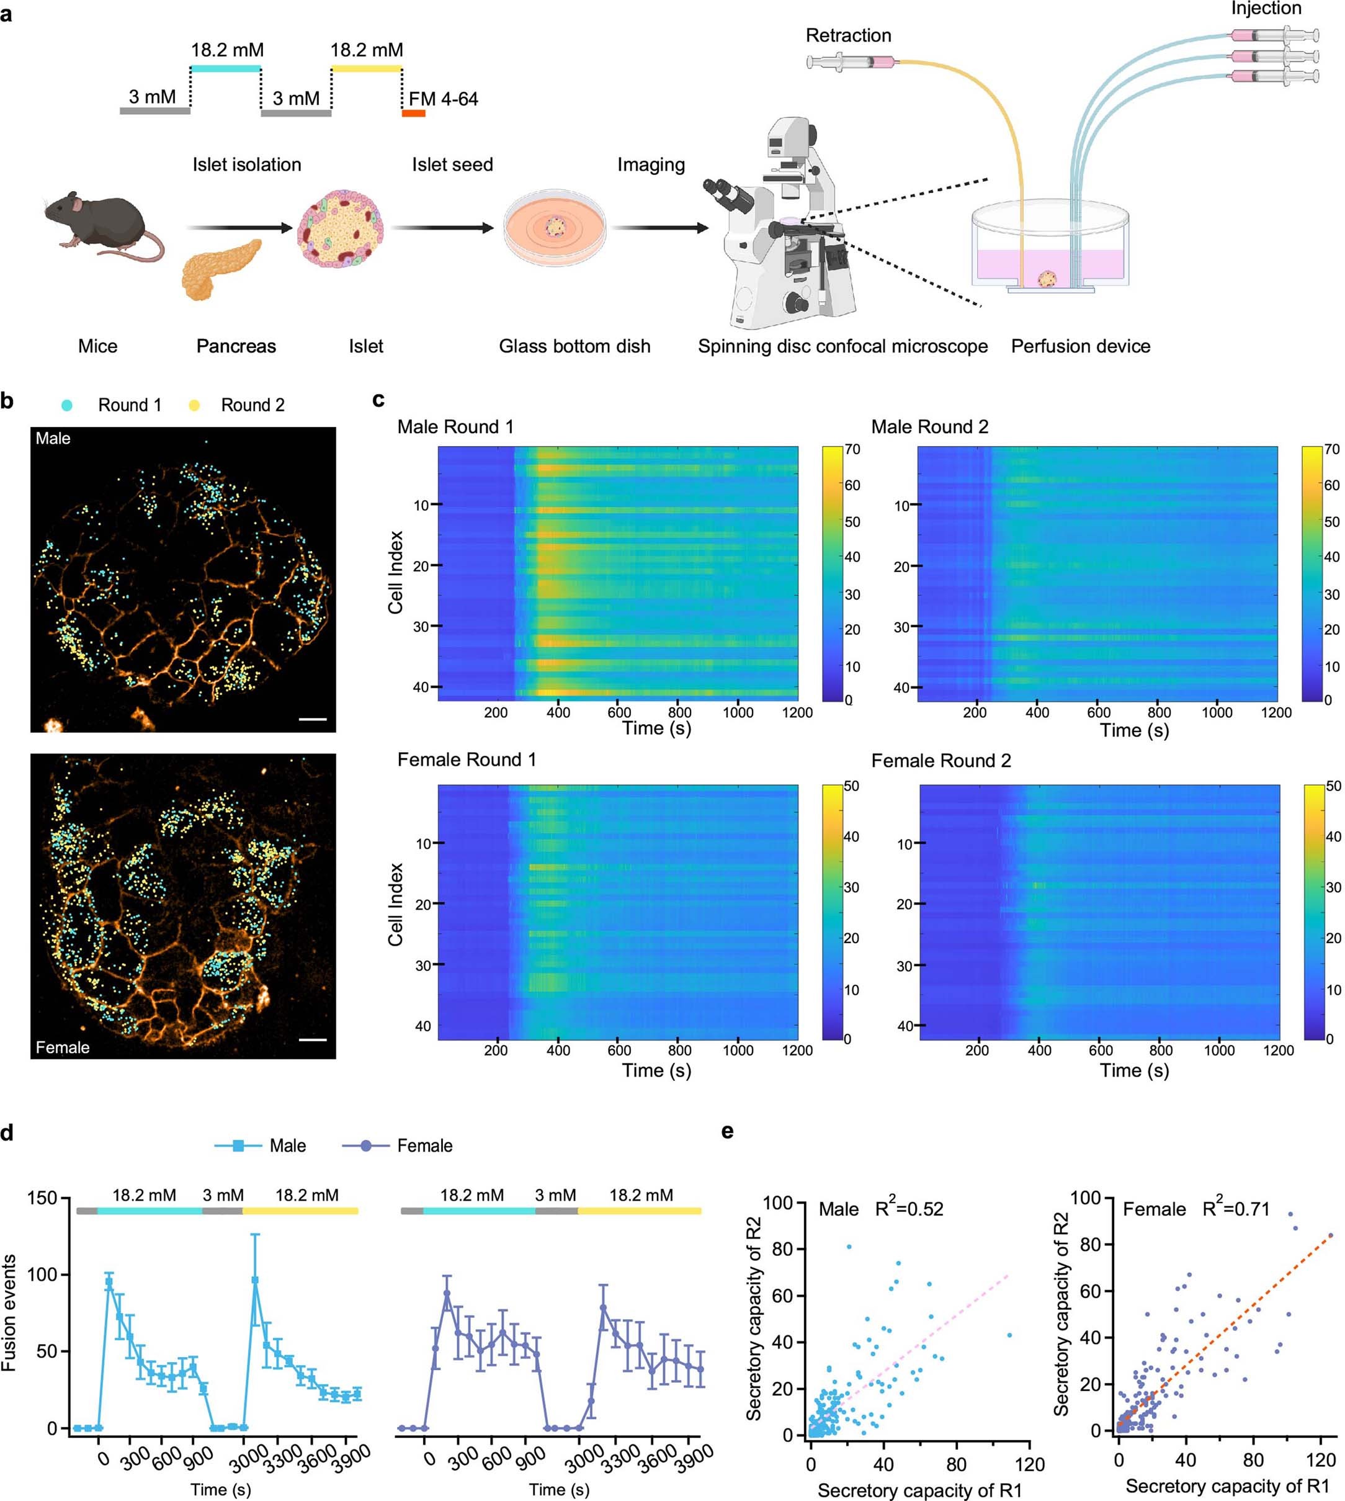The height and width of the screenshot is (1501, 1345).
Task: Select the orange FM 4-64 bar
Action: pos(413,113)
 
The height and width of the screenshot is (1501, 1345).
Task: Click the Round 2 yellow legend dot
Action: pos(194,405)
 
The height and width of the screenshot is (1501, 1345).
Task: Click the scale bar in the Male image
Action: pos(313,717)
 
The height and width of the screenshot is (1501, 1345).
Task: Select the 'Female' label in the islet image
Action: pos(62,1047)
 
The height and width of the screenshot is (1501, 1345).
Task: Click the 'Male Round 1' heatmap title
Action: pos(455,426)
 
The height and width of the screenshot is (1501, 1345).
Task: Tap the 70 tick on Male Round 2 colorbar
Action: pos(1331,449)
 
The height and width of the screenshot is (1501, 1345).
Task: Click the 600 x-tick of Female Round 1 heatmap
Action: pos(619,1050)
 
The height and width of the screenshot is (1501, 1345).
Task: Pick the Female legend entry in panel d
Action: pos(399,1145)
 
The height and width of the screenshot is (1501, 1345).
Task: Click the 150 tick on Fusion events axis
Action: pos(42,1198)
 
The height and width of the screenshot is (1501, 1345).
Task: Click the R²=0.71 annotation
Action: pos(1236,1209)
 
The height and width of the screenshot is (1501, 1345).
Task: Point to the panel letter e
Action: pos(727,1131)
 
